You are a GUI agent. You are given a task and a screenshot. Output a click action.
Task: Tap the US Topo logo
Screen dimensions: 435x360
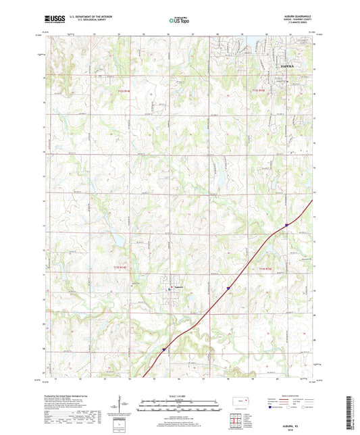pyautogui.click(x=179, y=21)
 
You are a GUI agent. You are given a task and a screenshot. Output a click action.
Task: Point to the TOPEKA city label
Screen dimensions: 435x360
pyautogui.click(x=289, y=66)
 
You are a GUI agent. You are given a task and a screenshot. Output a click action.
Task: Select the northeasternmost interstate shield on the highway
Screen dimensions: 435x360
pyautogui.click(x=286, y=225)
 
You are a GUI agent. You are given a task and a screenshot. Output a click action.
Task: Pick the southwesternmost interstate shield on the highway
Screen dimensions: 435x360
pyautogui.click(x=164, y=349)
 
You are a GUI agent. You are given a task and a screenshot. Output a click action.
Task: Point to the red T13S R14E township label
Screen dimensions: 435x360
pyautogui.click(x=119, y=268)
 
